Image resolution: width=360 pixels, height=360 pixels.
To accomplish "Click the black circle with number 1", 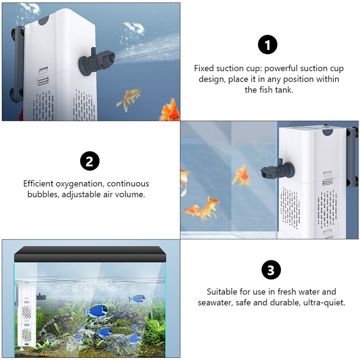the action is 268,45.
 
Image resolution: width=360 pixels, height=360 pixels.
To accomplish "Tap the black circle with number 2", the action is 90,161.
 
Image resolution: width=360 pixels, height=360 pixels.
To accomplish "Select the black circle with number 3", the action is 271,270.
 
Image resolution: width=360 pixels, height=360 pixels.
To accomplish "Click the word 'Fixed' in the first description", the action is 204,68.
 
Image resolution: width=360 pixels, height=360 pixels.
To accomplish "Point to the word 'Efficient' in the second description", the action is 39,184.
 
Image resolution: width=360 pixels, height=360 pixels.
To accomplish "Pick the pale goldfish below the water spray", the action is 129,99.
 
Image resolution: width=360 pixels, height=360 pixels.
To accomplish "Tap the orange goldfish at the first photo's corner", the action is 170,110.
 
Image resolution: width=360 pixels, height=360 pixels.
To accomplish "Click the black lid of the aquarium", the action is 90,254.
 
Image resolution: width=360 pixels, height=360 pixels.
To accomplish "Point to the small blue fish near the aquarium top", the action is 137,298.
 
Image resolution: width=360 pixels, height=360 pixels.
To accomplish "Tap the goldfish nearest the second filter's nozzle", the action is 242,176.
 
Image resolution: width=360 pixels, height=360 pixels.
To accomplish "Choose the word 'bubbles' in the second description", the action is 42,194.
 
